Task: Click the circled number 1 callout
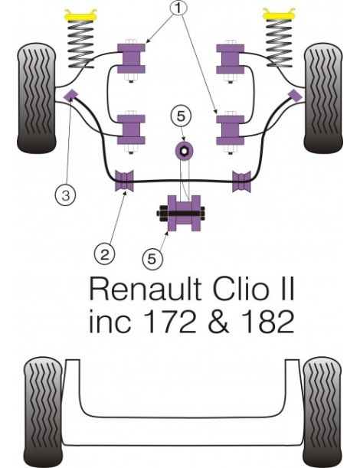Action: pos(179,10)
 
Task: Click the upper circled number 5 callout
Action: pos(179,117)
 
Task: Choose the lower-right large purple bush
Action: pos(229,128)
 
